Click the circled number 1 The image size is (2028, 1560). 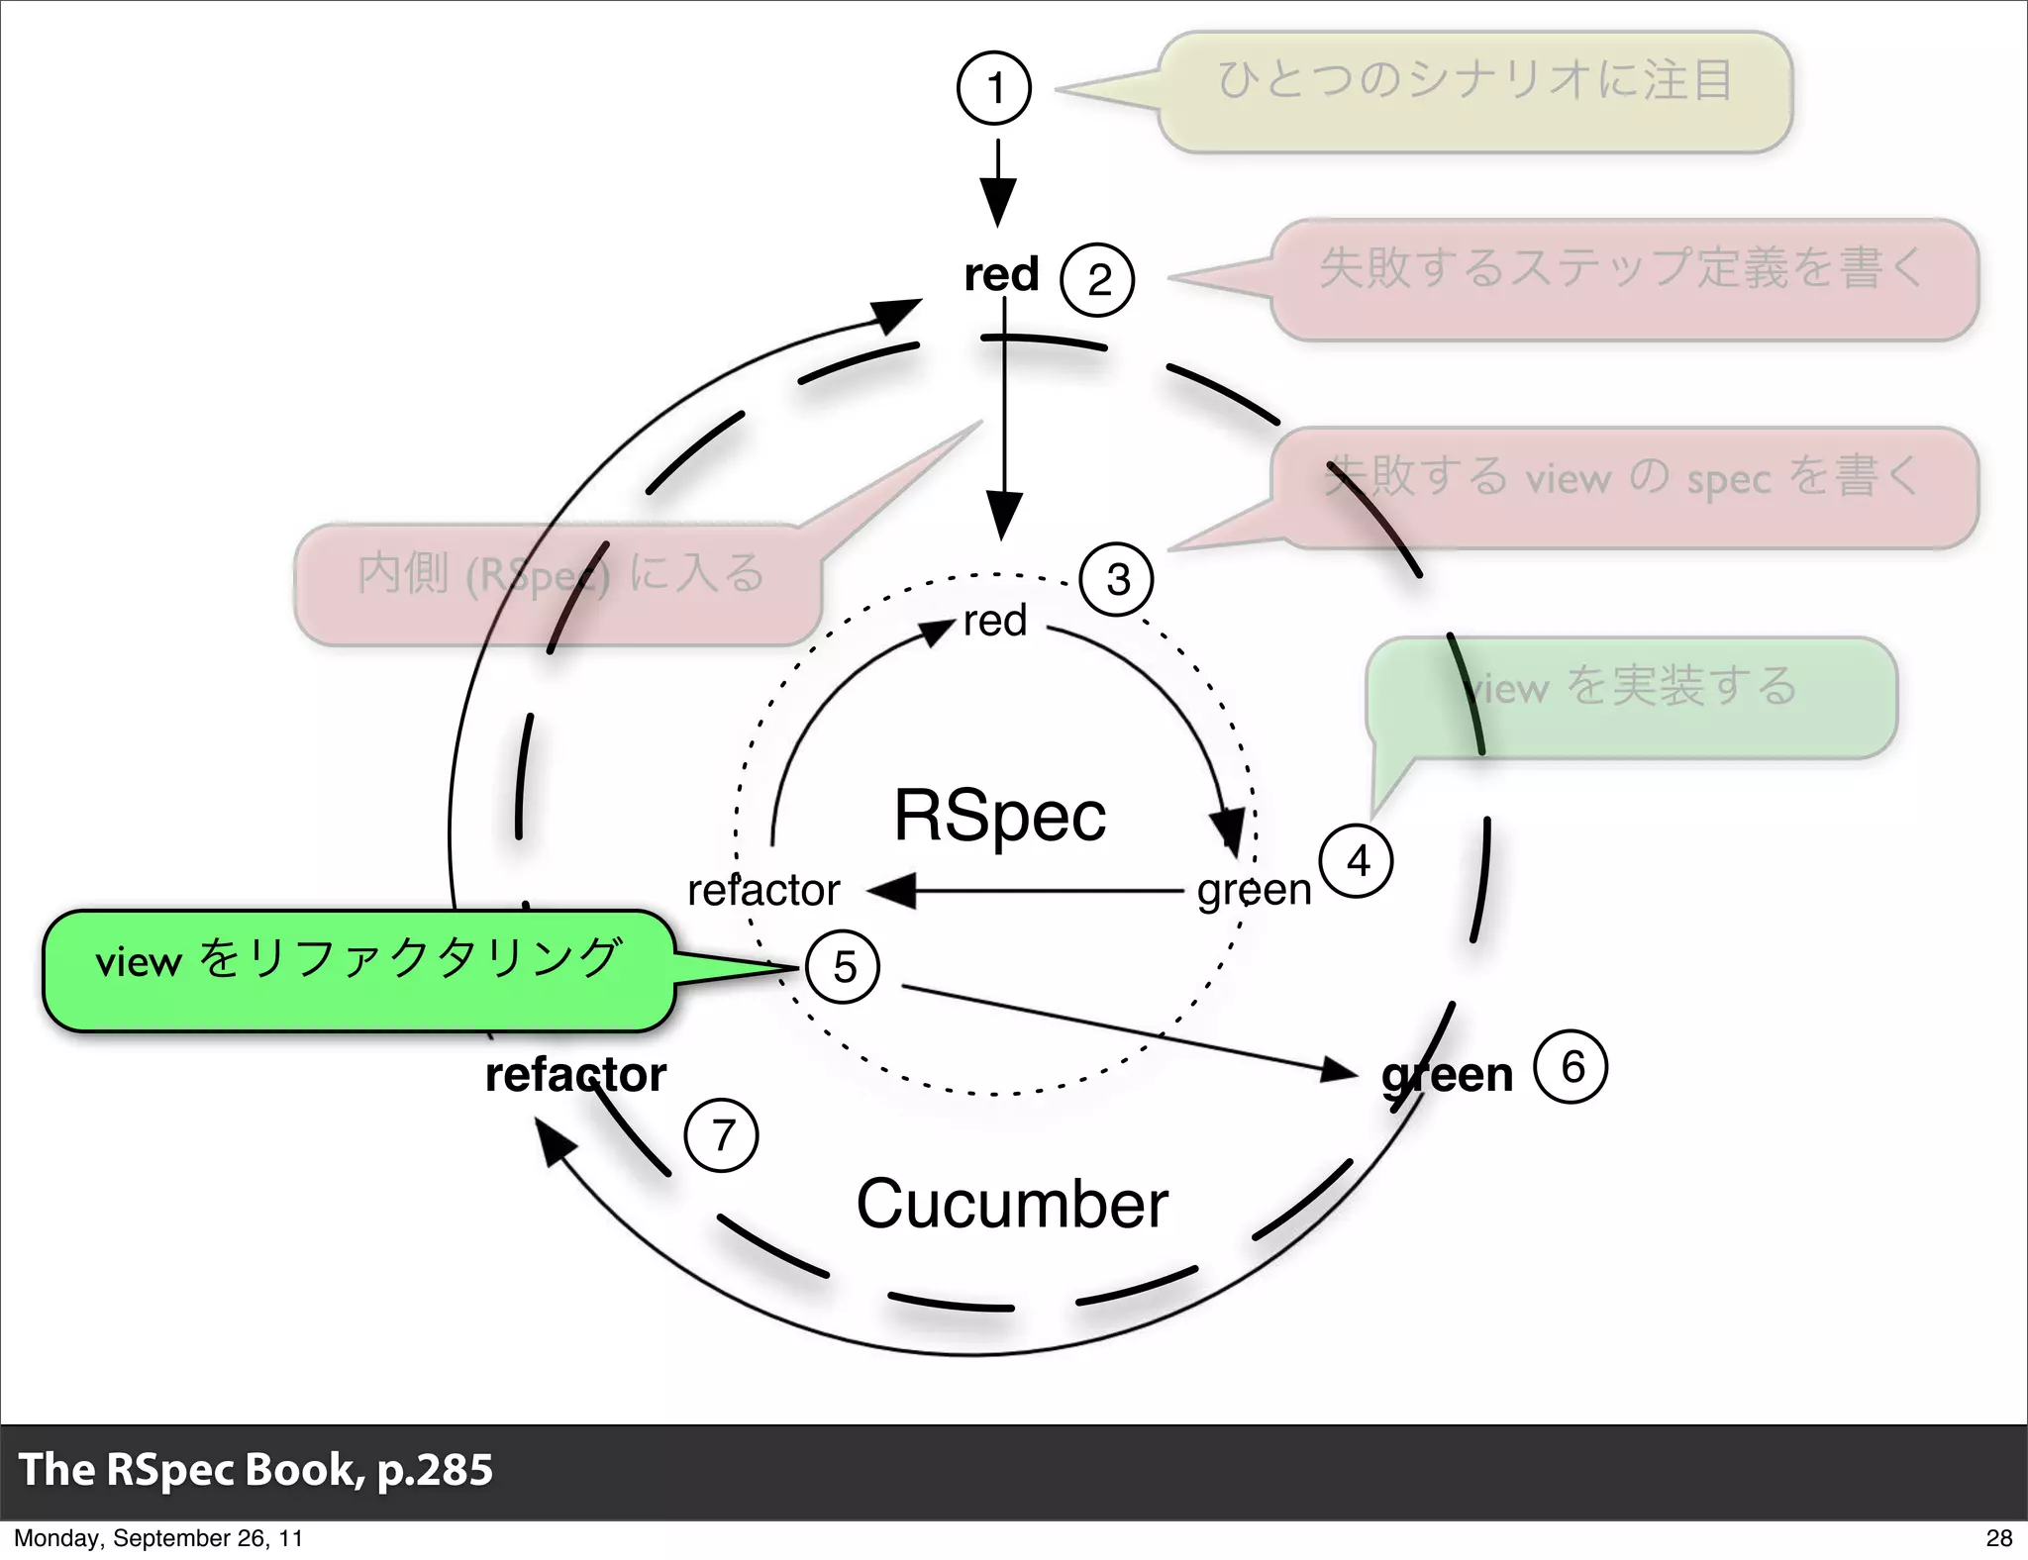click(994, 88)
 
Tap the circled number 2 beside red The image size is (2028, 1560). click(1097, 280)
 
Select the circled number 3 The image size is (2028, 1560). click(1117, 579)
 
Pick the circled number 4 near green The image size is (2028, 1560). click(1357, 861)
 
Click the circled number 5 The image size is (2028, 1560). click(844, 967)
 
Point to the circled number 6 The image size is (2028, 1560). click(1571, 1067)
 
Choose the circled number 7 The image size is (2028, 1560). click(722, 1135)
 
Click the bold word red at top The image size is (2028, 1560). click(1001, 274)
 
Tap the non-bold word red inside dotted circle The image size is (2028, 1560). click(995, 622)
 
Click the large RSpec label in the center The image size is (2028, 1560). click(1000, 816)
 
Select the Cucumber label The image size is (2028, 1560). click(1012, 1205)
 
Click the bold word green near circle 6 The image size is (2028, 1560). click(1448, 1075)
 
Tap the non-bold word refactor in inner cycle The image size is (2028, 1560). click(763, 891)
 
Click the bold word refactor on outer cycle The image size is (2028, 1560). click(576, 1075)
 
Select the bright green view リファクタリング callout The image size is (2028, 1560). click(358, 970)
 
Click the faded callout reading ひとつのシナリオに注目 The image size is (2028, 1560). click(1475, 91)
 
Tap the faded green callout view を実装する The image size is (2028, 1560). click(1632, 697)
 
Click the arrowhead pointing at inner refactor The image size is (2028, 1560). click(891, 891)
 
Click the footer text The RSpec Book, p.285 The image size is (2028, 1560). click(255, 1470)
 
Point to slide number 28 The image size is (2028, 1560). click(1998, 1538)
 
